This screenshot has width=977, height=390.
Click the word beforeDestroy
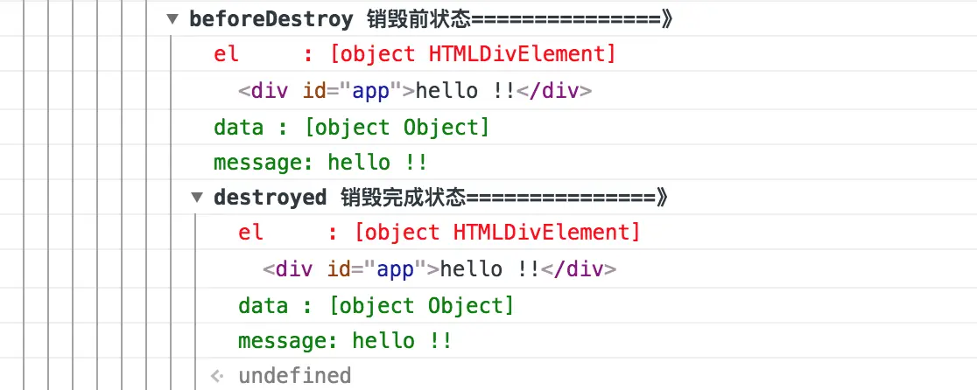coord(271,19)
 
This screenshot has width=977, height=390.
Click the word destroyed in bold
coord(270,198)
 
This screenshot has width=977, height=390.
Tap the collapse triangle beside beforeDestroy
coord(172,19)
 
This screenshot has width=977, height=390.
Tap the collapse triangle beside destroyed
coord(197,198)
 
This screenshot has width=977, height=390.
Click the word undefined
coord(295,376)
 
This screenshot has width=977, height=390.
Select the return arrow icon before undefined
coord(217,376)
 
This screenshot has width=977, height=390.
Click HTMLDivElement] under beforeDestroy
coord(522,55)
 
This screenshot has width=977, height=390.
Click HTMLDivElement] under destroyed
coord(546,233)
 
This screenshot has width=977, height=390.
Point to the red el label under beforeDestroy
coord(226,55)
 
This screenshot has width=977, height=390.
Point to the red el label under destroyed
coord(250,233)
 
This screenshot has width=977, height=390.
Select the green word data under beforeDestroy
coord(239,128)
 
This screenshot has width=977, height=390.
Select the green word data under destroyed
coord(263,306)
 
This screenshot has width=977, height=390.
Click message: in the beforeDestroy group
coord(264,163)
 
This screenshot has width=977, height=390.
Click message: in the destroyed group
coord(288,342)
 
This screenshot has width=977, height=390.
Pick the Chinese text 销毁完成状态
coord(403,198)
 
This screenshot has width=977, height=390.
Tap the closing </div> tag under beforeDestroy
coord(554,92)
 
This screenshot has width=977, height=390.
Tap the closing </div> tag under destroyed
coord(578,270)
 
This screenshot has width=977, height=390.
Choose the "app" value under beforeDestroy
coord(371,92)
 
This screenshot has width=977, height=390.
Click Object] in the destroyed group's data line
coord(471,306)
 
